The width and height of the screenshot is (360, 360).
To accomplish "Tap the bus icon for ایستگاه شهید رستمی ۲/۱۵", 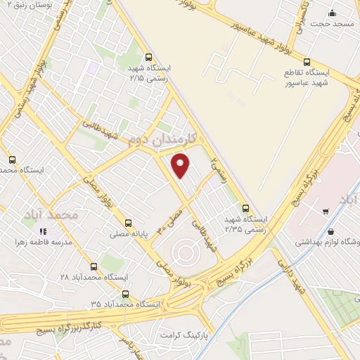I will point(148,58).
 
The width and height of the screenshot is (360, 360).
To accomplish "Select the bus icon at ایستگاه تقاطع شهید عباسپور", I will point(307,62).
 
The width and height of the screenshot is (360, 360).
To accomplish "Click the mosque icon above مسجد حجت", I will point(333,13).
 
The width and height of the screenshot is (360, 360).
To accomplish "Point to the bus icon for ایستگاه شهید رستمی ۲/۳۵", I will point(245,207).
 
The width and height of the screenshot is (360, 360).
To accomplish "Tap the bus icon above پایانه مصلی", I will point(128,224).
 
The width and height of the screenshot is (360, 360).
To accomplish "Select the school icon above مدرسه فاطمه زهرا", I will point(44,231).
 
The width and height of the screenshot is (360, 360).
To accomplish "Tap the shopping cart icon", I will point(325,210).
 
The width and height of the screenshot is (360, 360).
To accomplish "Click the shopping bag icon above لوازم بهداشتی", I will point(331,231).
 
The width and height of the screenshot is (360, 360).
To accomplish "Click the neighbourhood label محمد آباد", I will point(50,213).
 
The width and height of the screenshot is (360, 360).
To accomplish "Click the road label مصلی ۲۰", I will point(171,219).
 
